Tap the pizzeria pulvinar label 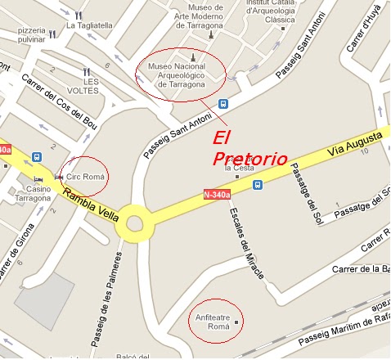pos(23,35)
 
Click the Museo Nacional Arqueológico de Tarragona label pos(182,74)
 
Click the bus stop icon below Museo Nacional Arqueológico pos(222,104)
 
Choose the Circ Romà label pos(87,177)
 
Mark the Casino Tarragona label pos(33,194)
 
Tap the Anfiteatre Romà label pos(213,320)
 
